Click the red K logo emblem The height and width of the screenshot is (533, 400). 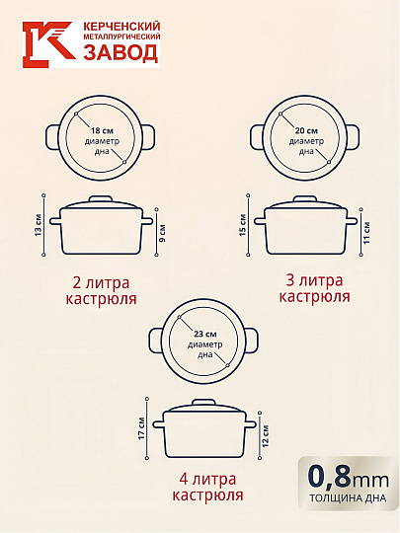click(49, 44)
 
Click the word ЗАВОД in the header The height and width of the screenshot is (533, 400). click(121, 53)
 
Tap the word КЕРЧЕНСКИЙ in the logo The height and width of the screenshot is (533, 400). click(121, 27)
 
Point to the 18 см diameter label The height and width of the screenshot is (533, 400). click(102, 131)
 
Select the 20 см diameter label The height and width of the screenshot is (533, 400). click(306, 131)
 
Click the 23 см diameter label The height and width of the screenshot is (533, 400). click(205, 335)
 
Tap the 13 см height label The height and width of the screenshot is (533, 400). click(39, 225)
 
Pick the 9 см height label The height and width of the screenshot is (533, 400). click(163, 233)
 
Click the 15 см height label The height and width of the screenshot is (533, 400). click(243, 225)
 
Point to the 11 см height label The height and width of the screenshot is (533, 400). click(366, 232)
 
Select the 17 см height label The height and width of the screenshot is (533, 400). click(141, 428)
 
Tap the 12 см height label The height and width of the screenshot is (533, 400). click(266, 436)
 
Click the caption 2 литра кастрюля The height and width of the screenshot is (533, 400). click(101, 291)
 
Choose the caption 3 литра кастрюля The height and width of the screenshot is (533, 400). click(315, 288)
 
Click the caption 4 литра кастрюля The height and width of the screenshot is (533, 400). click(207, 488)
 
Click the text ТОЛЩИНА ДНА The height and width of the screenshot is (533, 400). click(348, 498)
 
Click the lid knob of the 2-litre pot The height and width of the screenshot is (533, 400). click(101, 198)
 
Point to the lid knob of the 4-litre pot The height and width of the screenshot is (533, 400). click(203, 403)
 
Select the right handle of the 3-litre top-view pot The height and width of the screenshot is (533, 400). click(353, 136)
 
